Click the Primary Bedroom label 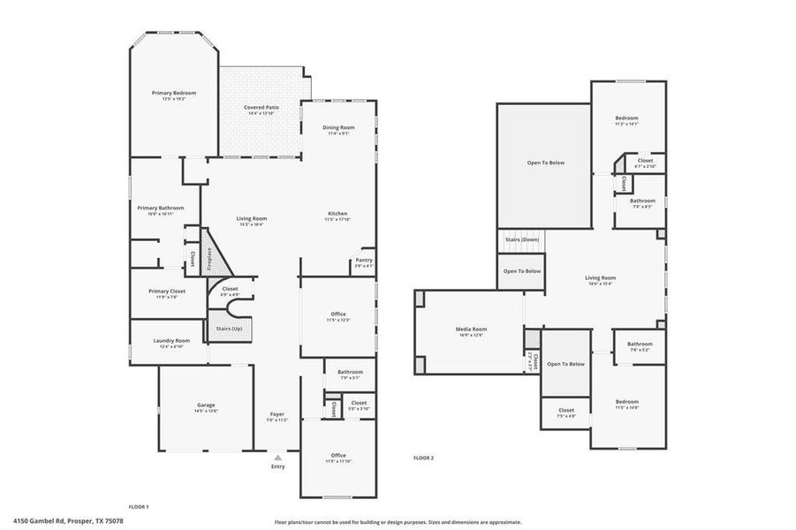point(173,93)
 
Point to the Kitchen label point(337,214)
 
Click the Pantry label point(363,260)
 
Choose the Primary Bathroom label point(160,208)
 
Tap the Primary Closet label point(166,291)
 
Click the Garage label point(206,406)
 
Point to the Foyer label point(277,414)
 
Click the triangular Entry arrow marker point(278,458)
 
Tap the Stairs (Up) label point(229,329)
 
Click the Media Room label point(472,329)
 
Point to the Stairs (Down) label point(521,239)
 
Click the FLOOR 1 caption point(139,507)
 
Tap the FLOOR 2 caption point(423,458)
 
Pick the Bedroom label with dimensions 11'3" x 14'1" point(626,117)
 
